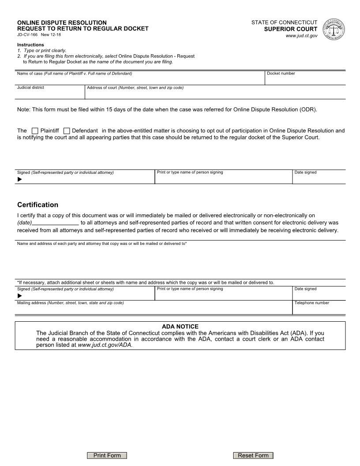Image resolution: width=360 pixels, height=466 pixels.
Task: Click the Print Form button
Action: [107, 455]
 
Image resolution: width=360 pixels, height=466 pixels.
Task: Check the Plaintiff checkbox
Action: [35, 131]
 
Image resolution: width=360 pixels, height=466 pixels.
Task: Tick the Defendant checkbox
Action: [67, 131]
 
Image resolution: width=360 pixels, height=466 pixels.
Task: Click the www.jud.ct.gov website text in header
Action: [301, 36]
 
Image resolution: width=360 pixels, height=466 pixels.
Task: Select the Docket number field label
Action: [281, 73]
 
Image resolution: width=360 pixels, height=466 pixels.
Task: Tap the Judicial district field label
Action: [30, 87]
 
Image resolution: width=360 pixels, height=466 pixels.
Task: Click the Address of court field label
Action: [135, 87]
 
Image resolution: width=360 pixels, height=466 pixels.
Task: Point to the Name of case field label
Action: [74, 73]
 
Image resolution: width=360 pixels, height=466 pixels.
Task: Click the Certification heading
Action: [37, 205]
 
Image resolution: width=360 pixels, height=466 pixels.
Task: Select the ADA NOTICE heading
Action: [180, 327]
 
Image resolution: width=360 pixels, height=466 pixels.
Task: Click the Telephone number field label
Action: [311, 303]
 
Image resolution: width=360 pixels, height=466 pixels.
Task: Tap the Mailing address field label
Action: [70, 303]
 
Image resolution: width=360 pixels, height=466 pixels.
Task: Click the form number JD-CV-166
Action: [27, 34]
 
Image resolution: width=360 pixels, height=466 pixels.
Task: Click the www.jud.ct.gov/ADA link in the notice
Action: [105, 345]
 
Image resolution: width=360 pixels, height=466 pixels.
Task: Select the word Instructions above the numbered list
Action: [30, 45]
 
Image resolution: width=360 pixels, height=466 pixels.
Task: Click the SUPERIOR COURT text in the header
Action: [291, 29]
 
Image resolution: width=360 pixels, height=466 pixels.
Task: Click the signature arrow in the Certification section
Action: [19, 295]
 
